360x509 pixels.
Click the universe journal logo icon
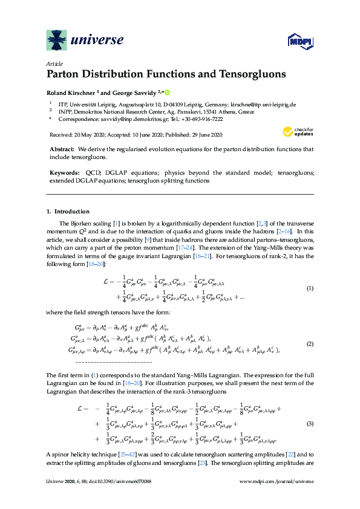pyautogui.click(x=57, y=41)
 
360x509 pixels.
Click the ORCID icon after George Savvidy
pyautogui.click(x=168, y=92)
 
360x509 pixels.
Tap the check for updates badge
pyautogui.click(x=300, y=131)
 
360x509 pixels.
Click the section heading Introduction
pyautogui.click(x=72, y=212)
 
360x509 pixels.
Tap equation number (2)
pyautogui.click(x=309, y=343)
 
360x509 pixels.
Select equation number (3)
pyautogui.click(x=309, y=423)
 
